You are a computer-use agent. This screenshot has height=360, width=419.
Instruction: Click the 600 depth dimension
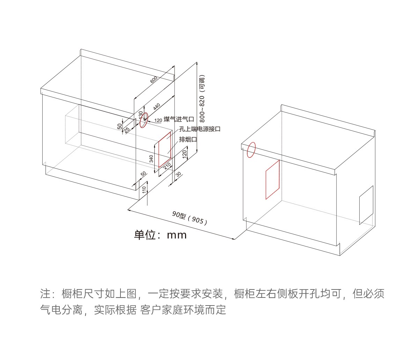(x=154, y=80)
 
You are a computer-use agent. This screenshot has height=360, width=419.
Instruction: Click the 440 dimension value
(x=156, y=107)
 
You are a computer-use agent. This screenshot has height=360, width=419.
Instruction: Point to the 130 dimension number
(x=141, y=115)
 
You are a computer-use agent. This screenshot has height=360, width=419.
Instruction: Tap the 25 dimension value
(x=127, y=130)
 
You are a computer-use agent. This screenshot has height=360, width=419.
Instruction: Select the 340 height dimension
(x=151, y=159)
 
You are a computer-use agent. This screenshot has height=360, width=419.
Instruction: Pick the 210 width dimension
(x=167, y=166)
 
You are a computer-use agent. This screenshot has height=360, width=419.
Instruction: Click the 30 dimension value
(x=178, y=174)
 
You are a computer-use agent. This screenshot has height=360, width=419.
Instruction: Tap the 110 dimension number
(x=144, y=190)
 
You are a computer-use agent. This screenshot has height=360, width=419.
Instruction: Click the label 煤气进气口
(x=179, y=119)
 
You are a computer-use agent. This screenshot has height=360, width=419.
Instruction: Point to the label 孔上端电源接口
(x=200, y=129)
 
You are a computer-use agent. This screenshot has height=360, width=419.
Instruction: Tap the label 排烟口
(x=188, y=139)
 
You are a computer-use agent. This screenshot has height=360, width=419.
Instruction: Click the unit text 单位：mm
(x=160, y=235)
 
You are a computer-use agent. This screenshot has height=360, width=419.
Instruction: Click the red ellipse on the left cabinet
(x=144, y=120)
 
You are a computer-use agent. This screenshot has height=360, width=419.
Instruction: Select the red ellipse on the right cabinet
(x=251, y=150)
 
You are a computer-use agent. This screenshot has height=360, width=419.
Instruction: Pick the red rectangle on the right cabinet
(x=273, y=179)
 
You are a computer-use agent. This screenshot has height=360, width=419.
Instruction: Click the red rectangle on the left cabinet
(x=165, y=149)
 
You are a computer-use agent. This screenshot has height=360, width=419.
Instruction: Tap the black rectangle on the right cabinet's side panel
(x=366, y=205)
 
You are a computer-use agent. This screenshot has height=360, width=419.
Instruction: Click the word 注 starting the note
(x=45, y=294)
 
